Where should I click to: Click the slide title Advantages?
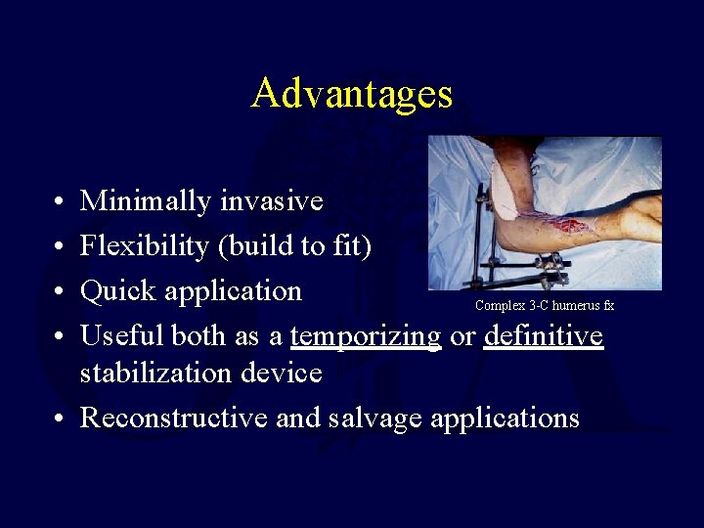click(x=352, y=94)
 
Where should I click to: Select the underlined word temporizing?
click(x=366, y=336)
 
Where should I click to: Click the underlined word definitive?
click(x=544, y=336)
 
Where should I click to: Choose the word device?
click(x=286, y=373)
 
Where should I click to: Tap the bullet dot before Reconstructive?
click(x=61, y=418)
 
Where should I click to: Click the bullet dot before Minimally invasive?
click(x=61, y=202)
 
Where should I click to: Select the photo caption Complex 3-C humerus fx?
click(x=545, y=306)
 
